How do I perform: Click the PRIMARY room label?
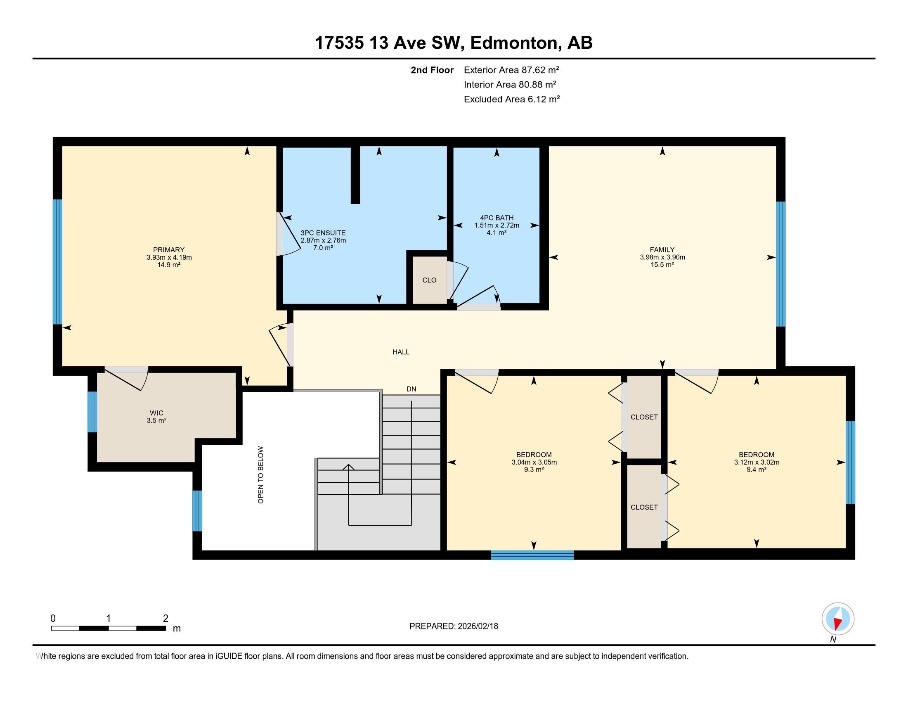[168, 250]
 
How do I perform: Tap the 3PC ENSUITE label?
[323, 233]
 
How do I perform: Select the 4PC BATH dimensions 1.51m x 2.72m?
[497, 225]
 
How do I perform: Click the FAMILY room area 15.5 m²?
[662, 265]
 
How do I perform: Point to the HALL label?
[401, 352]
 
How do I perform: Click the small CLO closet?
[429, 280]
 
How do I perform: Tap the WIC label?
[156, 413]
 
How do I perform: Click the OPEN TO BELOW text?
[261, 474]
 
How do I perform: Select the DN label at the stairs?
[411, 389]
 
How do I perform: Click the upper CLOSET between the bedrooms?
[643, 417]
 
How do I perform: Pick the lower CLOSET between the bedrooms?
[643, 507]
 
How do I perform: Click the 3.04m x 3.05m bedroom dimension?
[534, 462]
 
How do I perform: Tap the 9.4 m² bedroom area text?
[756, 470]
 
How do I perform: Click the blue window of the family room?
[781, 264]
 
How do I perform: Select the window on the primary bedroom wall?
[57, 261]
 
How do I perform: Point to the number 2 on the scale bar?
[166, 619]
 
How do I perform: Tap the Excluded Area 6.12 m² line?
[511, 99]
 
